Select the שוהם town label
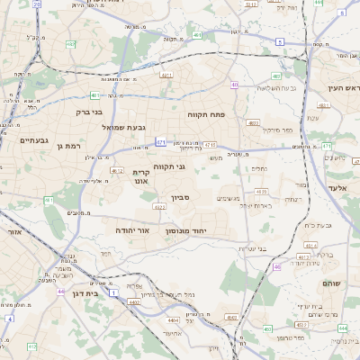[x=330, y=283]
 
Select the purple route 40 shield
[x=234, y=85]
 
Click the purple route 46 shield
[x=276, y=266]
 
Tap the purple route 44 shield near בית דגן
[x=60, y=292]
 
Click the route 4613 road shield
[x=261, y=192]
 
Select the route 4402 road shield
[x=134, y=302]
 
